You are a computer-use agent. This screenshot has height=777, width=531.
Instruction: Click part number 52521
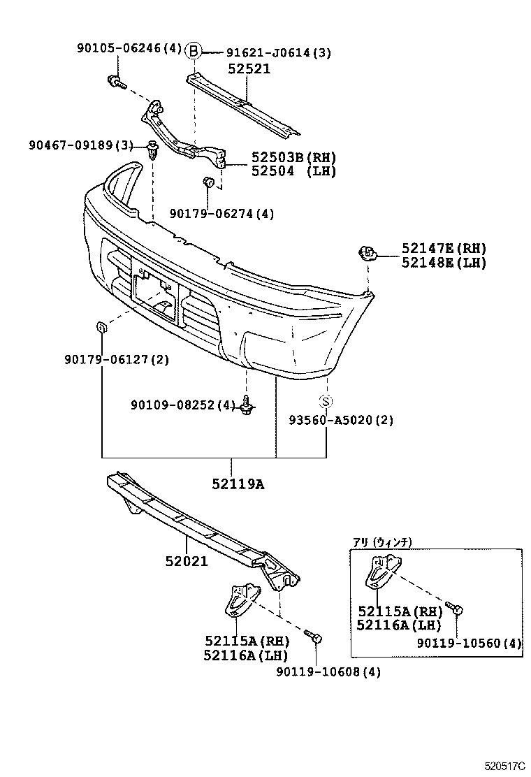pos(249,68)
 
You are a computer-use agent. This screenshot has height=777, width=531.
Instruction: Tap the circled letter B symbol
pos(194,51)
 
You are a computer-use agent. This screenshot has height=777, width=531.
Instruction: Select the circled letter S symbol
pos(326,401)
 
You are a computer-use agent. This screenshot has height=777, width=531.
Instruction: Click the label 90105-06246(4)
pos(129,48)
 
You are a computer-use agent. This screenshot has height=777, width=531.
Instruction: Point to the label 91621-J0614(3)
pos(279,52)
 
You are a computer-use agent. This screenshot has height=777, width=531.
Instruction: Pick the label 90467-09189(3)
pos(80,145)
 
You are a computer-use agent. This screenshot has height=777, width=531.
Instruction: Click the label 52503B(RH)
pos(289,157)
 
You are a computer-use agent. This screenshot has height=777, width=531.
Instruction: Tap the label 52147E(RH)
pos(444,249)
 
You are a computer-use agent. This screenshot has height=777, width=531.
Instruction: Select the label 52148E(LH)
pos(444,263)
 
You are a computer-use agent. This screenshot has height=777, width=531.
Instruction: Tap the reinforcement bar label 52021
pos(187,560)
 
